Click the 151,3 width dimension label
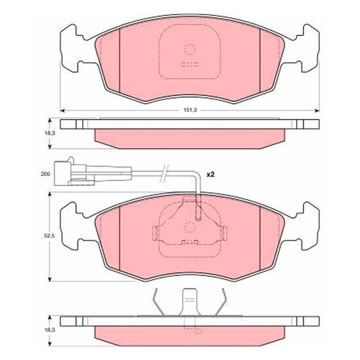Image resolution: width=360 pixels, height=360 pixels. click(190, 110)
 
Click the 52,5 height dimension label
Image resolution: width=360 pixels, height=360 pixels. click(49, 236)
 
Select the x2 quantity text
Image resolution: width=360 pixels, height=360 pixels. click(210, 175)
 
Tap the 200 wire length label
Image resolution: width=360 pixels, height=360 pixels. click(45, 174)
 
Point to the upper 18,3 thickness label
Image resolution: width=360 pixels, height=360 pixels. click(49, 133)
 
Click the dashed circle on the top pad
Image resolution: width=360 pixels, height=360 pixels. click(189, 49)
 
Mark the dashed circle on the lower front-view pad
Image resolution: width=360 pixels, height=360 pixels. click(189, 227)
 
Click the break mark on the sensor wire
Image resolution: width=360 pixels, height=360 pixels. click(164, 174)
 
